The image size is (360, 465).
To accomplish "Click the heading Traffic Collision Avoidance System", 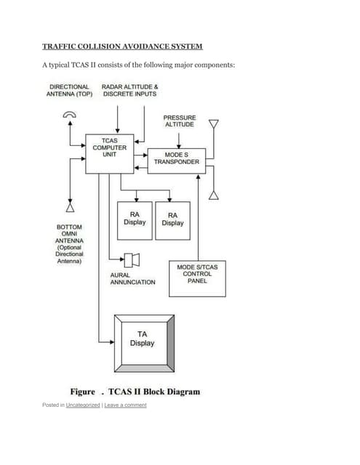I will [122, 46].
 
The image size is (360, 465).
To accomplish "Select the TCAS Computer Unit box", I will [109, 153].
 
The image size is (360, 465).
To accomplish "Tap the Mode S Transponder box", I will [176, 158].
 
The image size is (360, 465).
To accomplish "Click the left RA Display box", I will [135, 220].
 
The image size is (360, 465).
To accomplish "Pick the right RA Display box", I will [172, 220].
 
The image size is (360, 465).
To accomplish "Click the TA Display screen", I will [143, 339].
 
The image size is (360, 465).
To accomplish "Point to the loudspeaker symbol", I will [132, 259].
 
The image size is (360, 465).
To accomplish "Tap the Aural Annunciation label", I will [132, 278].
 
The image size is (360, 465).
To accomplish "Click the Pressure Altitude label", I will [179, 120].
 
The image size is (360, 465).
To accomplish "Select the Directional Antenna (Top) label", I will [70, 90].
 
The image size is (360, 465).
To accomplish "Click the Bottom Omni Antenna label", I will [70, 243].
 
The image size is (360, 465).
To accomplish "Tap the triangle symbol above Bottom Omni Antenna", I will [70, 207].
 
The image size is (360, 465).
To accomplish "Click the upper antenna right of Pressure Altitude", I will [213, 124].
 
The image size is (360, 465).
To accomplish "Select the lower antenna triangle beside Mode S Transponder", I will [213, 193].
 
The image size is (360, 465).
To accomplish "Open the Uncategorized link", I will [83, 405].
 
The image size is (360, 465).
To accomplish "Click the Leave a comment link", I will [125, 405].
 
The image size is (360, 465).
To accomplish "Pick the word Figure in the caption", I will [82, 392].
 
